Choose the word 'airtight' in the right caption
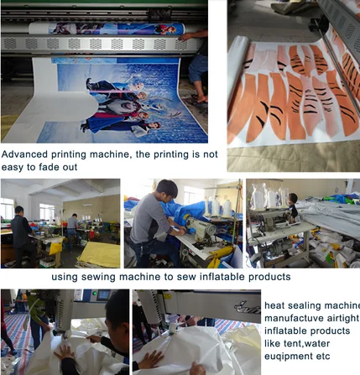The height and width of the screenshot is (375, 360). coord(341,319)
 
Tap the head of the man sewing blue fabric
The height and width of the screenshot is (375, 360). coord(167,190)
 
